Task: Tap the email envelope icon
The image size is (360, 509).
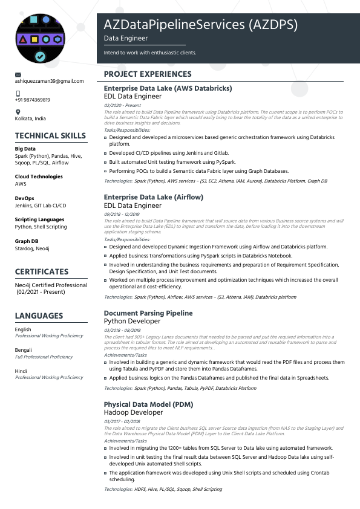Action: point(18,74)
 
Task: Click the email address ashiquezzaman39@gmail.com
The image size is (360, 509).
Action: point(49,81)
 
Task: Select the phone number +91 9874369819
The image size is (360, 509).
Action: point(32,100)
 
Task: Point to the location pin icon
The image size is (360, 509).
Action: point(18,112)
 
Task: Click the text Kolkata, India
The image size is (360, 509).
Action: point(30,118)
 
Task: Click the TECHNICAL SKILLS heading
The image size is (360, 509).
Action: point(50,136)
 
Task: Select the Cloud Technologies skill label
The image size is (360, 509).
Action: point(39,177)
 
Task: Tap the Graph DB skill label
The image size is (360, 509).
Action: point(27,241)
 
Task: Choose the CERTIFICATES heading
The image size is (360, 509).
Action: point(42,271)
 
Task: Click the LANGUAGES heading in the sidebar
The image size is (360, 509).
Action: point(39,316)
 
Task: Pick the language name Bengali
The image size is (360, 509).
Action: point(24,350)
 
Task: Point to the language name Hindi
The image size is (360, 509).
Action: point(21,371)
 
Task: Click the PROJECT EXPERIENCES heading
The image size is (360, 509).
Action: point(148,74)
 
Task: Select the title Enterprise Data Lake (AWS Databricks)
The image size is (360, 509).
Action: point(168,88)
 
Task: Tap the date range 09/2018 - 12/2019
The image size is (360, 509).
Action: point(122,214)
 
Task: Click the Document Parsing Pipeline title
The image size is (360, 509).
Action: point(148,313)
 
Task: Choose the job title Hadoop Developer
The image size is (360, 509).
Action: point(133,412)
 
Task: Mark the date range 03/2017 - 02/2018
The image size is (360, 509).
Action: point(122,421)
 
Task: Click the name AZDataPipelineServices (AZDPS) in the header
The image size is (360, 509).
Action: point(201,25)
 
